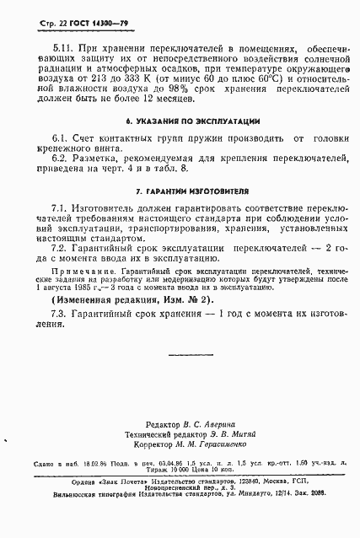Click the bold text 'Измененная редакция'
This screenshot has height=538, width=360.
(99, 299)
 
